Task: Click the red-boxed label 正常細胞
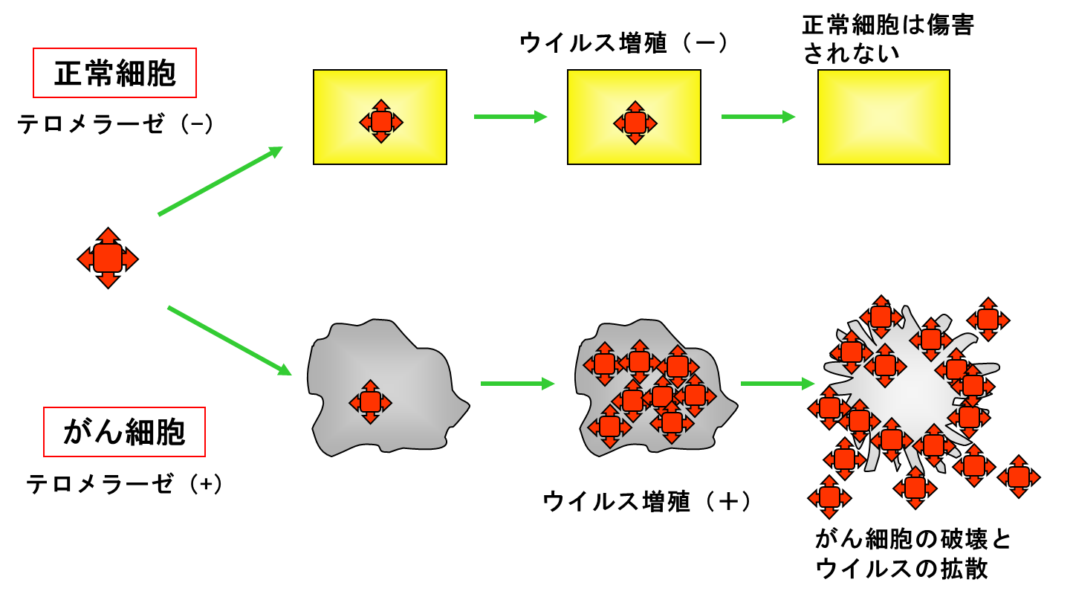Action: coord(114,73)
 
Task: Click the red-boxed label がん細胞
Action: coord(124,432)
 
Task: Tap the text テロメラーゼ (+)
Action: coord(124,483)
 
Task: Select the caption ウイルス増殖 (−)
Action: coord(623,43)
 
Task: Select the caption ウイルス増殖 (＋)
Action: coord(647,502)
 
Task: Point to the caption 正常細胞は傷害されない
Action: coord(888,39)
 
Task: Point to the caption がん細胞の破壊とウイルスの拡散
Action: coord(912,554)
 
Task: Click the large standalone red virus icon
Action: coord(108,258)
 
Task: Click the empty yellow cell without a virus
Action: coord(884,117)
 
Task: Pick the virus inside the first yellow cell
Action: coord(381,121)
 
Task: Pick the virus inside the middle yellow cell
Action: coord(635,123)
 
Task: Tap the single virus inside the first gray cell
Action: coord(370,401)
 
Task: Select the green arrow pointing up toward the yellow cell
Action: coord(221,181)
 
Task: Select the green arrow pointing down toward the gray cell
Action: coord(230,341)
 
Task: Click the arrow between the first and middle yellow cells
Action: coord(510,117)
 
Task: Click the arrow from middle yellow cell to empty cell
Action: coord(758,117)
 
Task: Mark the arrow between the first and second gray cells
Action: coord(518,384)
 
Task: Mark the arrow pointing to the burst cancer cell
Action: coord(777,384)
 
